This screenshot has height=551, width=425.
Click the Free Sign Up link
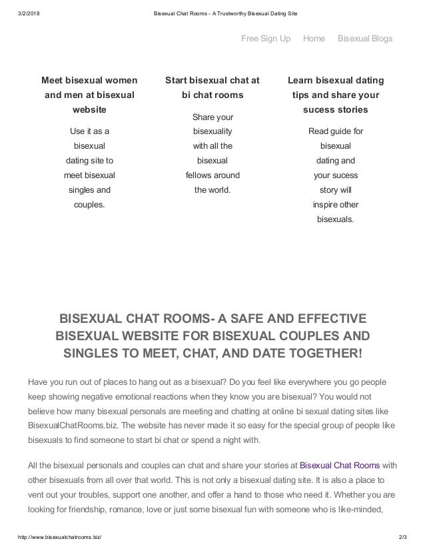[265, 38]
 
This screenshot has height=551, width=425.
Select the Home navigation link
[314, 38]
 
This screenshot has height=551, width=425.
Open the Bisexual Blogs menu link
[365, 38]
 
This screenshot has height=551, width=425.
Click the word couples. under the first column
[89, 204]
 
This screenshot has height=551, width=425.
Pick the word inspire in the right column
[326, 204]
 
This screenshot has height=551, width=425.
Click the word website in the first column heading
[89, 109]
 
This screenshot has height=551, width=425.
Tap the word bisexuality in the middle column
[212, 131]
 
